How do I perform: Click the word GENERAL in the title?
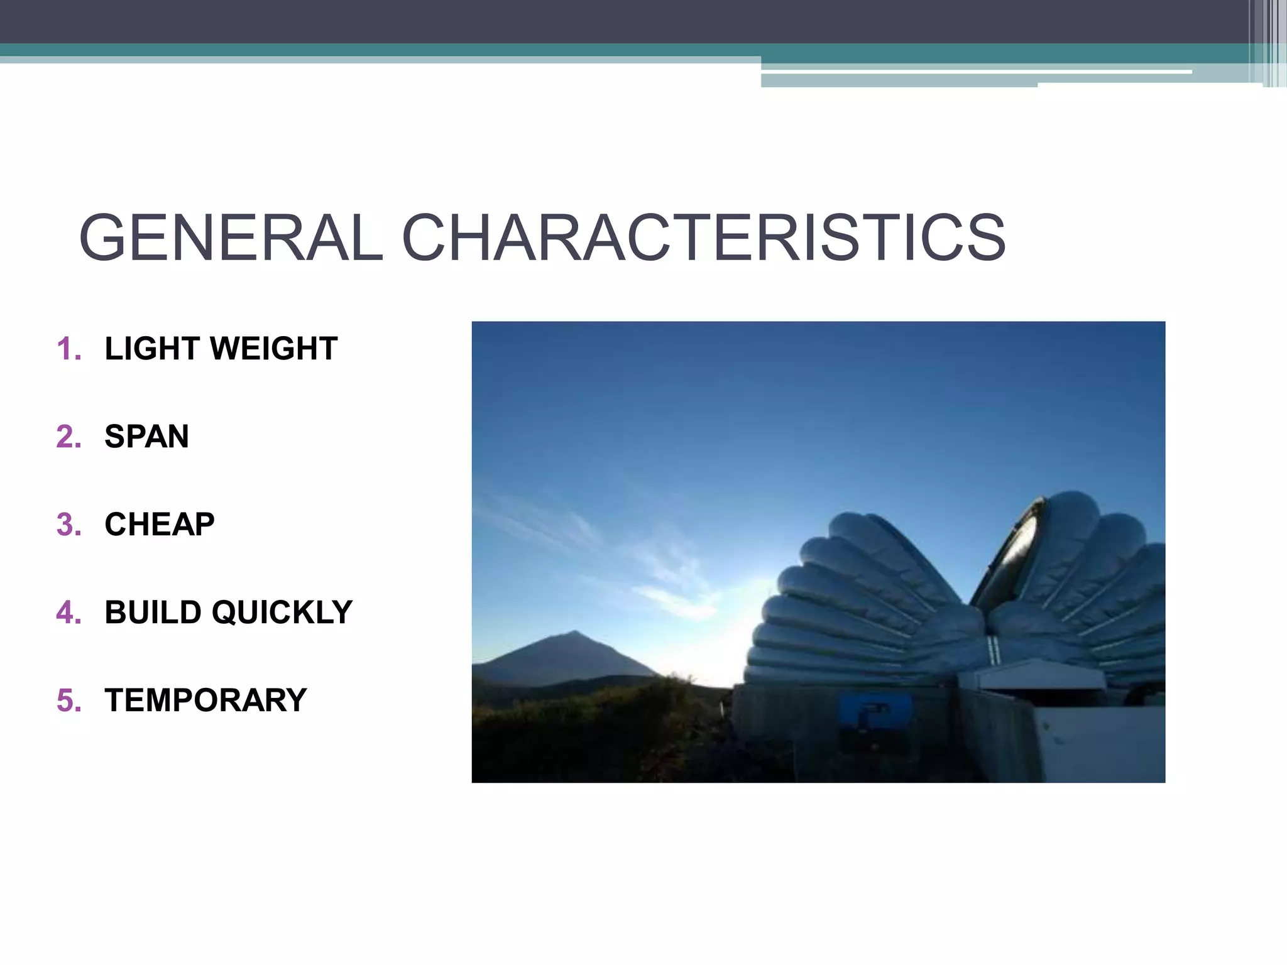tap(230, 237)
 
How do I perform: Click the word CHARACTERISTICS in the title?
tap(703, 237)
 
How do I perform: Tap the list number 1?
tap(68, 349)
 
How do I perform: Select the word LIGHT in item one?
tap(151, 349)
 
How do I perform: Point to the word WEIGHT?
tap(275, 349)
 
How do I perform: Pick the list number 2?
tap(68, 437)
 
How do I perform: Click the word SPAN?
tap(146, 437)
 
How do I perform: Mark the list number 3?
tap(68, 525)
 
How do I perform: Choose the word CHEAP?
tap(160, 525)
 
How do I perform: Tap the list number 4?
tap(68, 613)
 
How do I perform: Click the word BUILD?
tap(153, 613)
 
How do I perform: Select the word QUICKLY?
tap(282, 613)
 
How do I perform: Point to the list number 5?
tap(68, 701)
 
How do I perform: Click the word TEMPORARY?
tap(205, 701)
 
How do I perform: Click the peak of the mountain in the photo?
tap(573, 632)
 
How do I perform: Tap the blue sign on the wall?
tap(865, 711)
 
